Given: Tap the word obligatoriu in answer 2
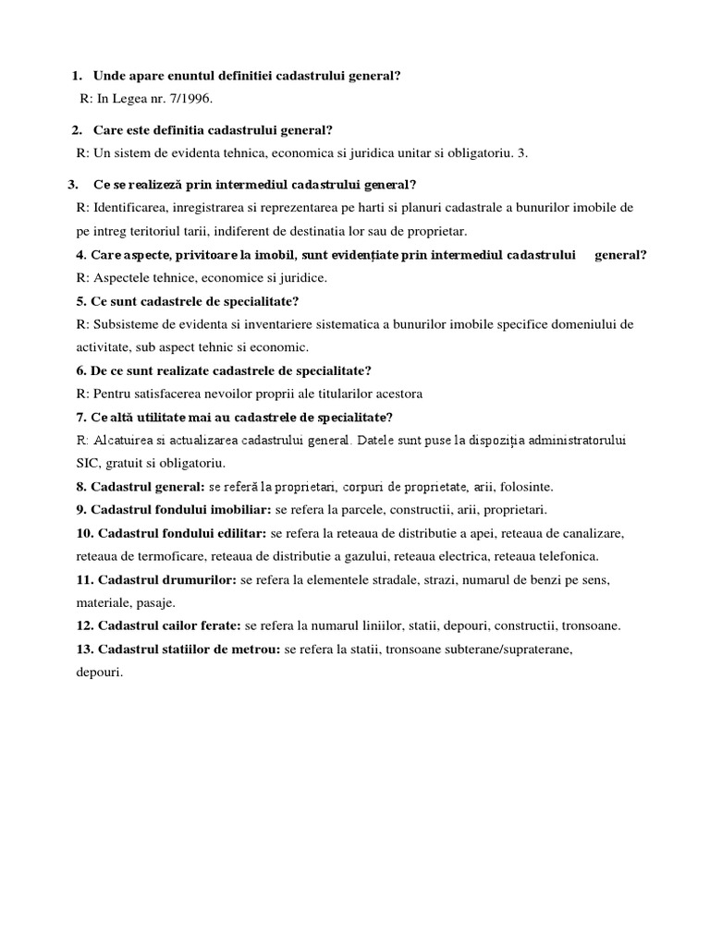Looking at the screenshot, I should click(x=480, y=152).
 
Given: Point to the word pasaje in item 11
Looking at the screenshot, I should click(x=153, y=602).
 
